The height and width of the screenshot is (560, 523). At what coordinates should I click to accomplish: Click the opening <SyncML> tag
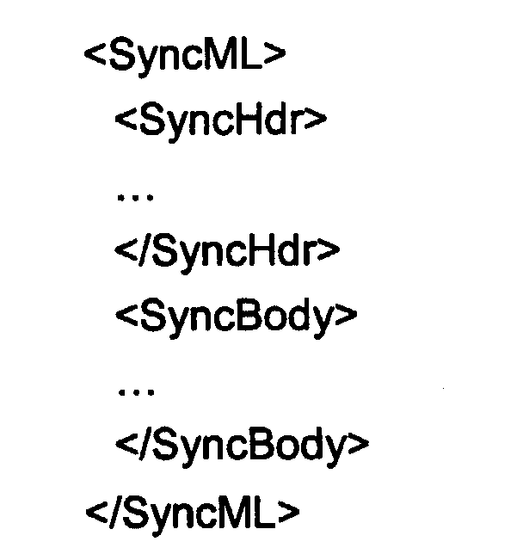click(185, 57)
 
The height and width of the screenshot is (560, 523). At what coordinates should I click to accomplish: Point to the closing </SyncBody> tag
click(243, 446)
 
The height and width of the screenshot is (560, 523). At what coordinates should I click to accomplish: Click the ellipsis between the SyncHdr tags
click(135, 197)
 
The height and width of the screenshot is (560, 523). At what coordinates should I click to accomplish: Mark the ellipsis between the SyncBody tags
click(136, 392)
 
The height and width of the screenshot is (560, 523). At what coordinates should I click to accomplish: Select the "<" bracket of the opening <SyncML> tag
click(95, 55)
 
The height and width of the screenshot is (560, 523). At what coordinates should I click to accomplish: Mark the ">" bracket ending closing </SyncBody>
click(358, 444)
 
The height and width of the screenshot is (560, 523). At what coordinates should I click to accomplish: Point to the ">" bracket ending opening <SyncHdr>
click(316, 120)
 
